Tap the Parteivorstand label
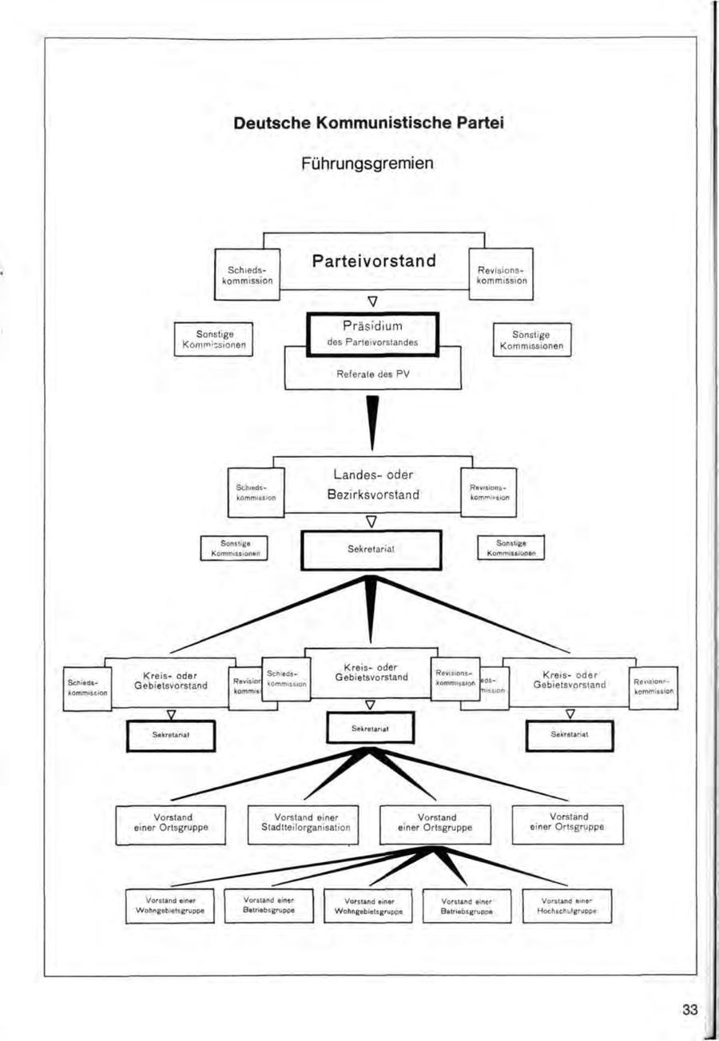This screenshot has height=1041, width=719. pos(374,262)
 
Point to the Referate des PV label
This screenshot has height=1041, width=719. pos(374,371)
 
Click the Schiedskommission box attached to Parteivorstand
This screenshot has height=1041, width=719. pos(247,274)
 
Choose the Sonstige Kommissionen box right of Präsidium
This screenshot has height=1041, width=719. pos(533,339)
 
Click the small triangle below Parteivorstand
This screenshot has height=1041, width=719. pos(372,302)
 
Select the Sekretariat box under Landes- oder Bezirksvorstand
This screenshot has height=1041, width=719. pos(371,550)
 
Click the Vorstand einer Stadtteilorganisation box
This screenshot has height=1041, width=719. pos(305,823)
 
